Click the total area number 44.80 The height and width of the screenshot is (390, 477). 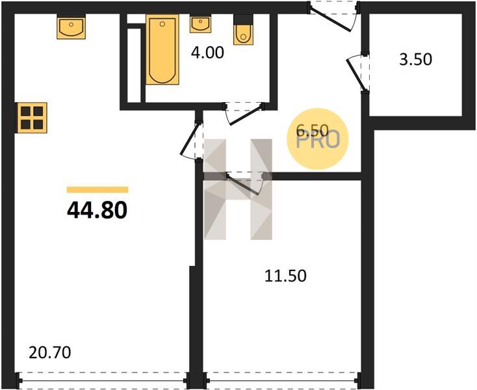(97, 211)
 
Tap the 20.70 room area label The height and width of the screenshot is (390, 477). (50, 353)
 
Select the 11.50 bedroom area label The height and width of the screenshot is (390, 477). (285, 276)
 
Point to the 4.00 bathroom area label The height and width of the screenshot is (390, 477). (207, 53)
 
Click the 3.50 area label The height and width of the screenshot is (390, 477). (415, 59)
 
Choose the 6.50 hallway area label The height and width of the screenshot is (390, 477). (313, 131)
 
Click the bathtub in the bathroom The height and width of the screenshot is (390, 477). (162, 49)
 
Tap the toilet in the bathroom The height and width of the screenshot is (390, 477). (243, 30)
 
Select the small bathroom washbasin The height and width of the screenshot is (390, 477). (200, 25)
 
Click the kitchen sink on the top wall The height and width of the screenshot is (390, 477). (71, 27)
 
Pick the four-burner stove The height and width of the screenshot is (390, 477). (32, 118)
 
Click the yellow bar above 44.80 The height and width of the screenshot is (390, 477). (97, 190)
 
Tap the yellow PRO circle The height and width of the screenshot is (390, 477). (318, 138)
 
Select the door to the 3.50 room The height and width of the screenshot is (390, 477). (357, 72)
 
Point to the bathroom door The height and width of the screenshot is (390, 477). (244, 114)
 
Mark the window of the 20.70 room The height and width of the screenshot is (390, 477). (102, 380)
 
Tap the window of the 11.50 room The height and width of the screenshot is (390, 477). (281, 380)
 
